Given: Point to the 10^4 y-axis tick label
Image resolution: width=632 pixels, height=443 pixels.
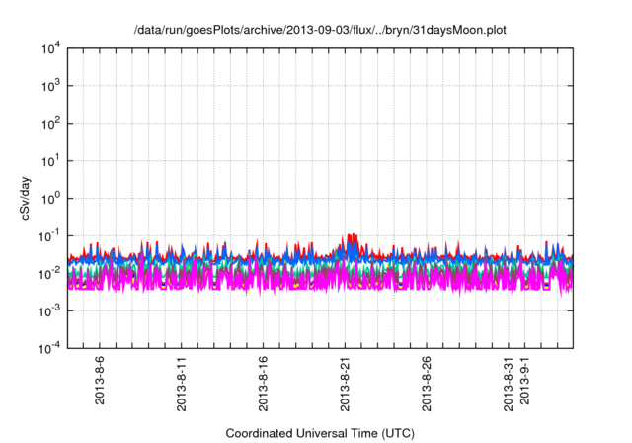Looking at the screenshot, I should pos(52,48).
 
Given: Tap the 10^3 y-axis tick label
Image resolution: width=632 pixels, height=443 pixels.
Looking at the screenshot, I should pos(52,86).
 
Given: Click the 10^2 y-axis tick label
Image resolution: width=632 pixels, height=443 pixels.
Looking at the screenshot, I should pos(52,124).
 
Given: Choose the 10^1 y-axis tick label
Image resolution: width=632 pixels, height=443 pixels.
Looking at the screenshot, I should pos(52,160).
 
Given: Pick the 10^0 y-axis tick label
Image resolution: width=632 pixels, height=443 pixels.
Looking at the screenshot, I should pos(52,198).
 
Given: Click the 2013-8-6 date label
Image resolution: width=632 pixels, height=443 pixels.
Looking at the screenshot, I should pos(99,384).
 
